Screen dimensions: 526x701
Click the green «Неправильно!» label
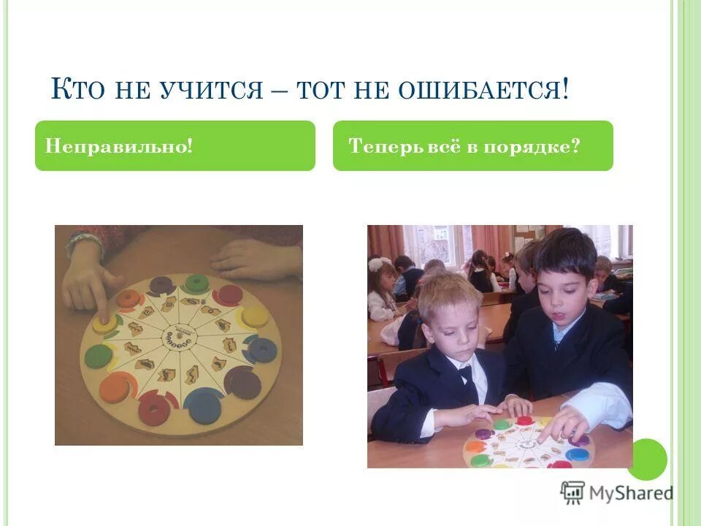click(119, 146)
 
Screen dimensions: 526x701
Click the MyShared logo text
click(632, 493)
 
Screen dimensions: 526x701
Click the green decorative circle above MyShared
click(647, 459)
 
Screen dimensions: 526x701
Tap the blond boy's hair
click(449, 292)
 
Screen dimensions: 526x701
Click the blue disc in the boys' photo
click(577, 454)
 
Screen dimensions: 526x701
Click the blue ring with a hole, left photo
click(261, 350)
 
